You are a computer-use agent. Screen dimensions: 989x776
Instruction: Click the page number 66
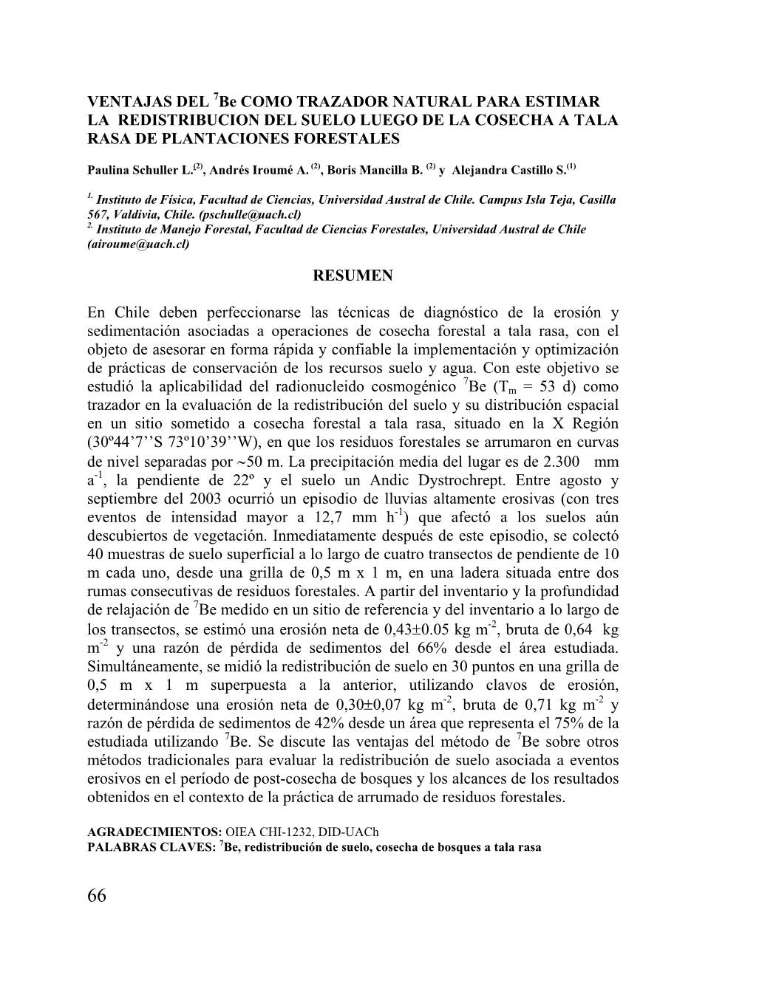point(97,896)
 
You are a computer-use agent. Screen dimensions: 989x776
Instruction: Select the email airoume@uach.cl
point(138,244)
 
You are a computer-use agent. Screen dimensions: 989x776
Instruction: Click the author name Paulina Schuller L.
point(140,170)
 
